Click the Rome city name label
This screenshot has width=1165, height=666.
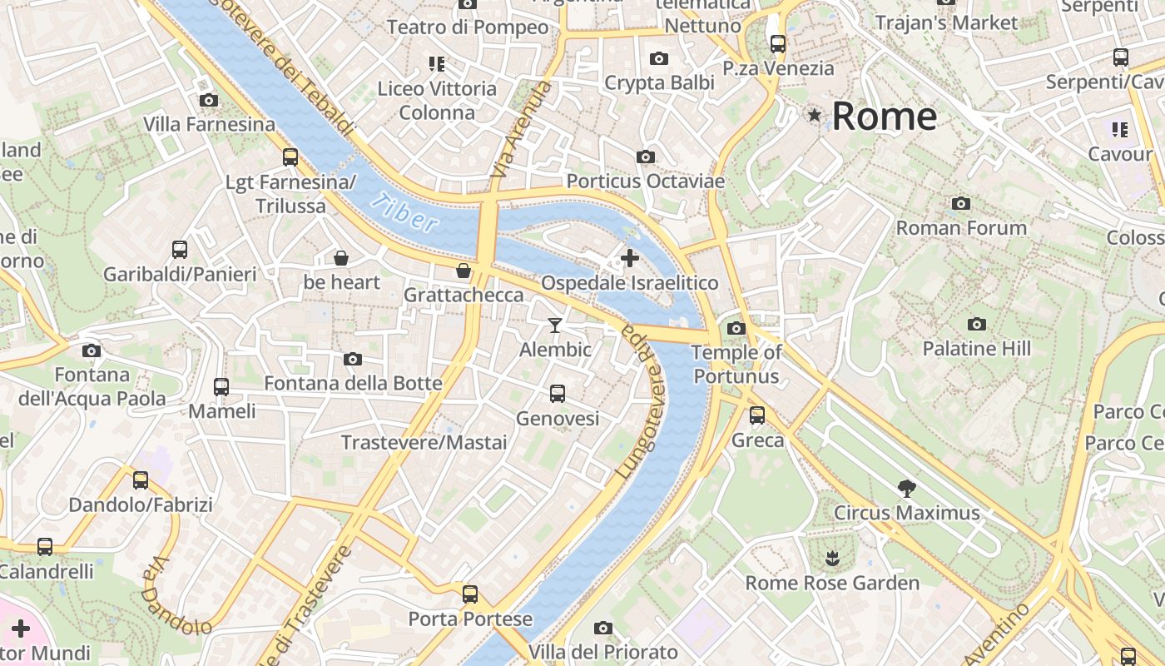point(884,116)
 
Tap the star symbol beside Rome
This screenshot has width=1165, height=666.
point(814,115)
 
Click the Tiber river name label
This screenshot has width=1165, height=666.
point(404,213)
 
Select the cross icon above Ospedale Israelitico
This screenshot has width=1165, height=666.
point(630,258)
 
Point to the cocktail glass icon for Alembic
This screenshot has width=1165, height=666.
point(555,325)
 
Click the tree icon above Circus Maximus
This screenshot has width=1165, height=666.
point(907,489)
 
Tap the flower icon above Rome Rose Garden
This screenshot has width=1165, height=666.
point(831,558)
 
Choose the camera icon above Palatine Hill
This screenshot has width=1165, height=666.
point(977,324)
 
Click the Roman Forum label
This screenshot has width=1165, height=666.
point(961,227)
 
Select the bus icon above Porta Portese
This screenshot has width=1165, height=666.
point(470,594)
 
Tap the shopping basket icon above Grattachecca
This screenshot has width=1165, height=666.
point(464,271)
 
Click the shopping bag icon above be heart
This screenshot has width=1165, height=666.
point(340,258)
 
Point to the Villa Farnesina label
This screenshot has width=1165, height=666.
point(209,125)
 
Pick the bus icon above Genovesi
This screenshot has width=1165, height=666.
point(558,394)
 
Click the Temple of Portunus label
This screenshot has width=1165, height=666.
point(736,365)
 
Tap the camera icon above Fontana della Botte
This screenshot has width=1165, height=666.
point(353,359)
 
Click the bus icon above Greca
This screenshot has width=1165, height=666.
point(757,415)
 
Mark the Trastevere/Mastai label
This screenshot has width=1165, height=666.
point(424,442)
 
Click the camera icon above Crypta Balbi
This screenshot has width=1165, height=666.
point(659,58)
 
